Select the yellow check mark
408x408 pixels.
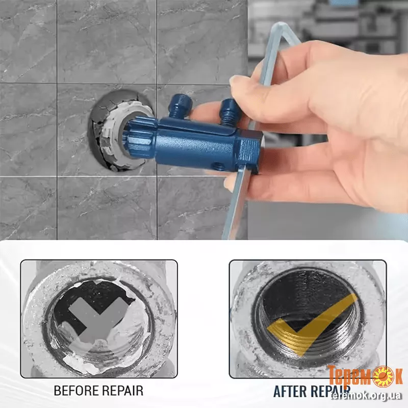(x=311, y=324)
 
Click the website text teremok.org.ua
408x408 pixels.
(x=366, y=396)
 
